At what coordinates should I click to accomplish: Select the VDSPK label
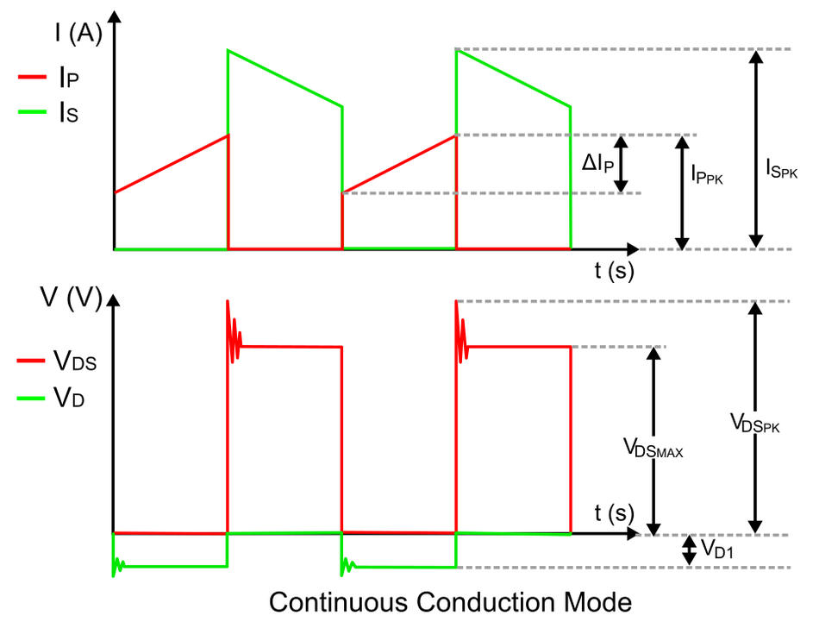(754, 423)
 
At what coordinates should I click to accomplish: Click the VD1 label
(716, 549)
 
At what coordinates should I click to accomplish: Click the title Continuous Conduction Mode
(450, 600)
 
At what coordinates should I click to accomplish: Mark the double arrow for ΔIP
(623, 164)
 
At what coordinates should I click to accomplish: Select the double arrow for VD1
(688, 551)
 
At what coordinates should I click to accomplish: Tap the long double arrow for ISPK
(756, 149)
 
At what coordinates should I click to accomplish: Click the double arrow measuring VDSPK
(756, 418)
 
